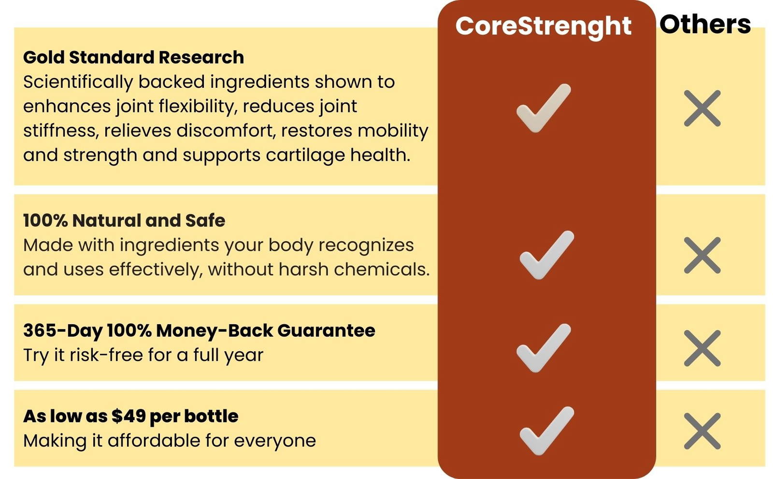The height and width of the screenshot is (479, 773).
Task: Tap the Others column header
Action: tap(705, 24)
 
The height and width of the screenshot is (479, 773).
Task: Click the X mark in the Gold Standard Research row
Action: tap(702, 108)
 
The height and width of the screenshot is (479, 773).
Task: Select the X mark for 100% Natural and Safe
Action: tap(702, 255)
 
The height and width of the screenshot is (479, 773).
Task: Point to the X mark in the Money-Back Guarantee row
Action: tap(702, 348)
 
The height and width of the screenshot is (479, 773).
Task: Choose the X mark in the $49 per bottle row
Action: tap(702, 431)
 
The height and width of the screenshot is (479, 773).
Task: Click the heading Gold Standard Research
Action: tap(133, 57)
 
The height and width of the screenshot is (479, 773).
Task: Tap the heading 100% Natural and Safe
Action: tap(124, 220)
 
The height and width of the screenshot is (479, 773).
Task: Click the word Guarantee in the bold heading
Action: tap(326, 331)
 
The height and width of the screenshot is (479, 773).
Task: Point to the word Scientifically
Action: tap(78, 82)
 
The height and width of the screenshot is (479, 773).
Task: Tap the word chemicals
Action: tap(382, 269)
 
